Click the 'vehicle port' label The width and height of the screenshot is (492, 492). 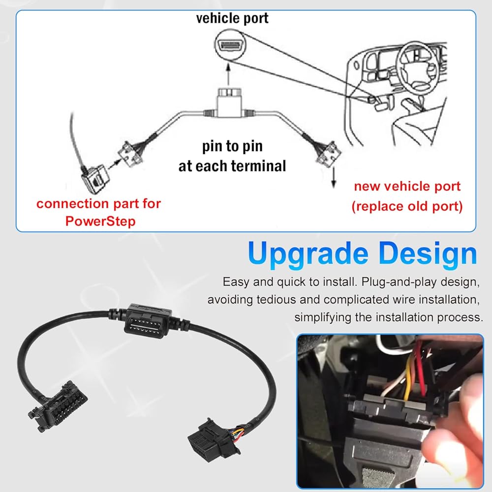pos(232,18)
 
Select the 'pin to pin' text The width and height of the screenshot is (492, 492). pos(232,146)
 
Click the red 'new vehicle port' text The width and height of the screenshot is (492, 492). pos(407,186)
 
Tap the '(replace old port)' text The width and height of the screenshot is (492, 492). pos(407,206)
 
